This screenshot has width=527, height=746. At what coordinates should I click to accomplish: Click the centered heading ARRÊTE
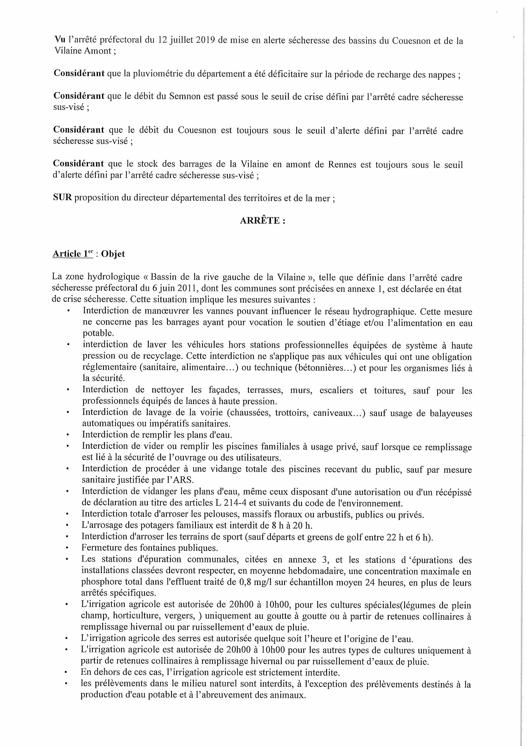tap(262, 221)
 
